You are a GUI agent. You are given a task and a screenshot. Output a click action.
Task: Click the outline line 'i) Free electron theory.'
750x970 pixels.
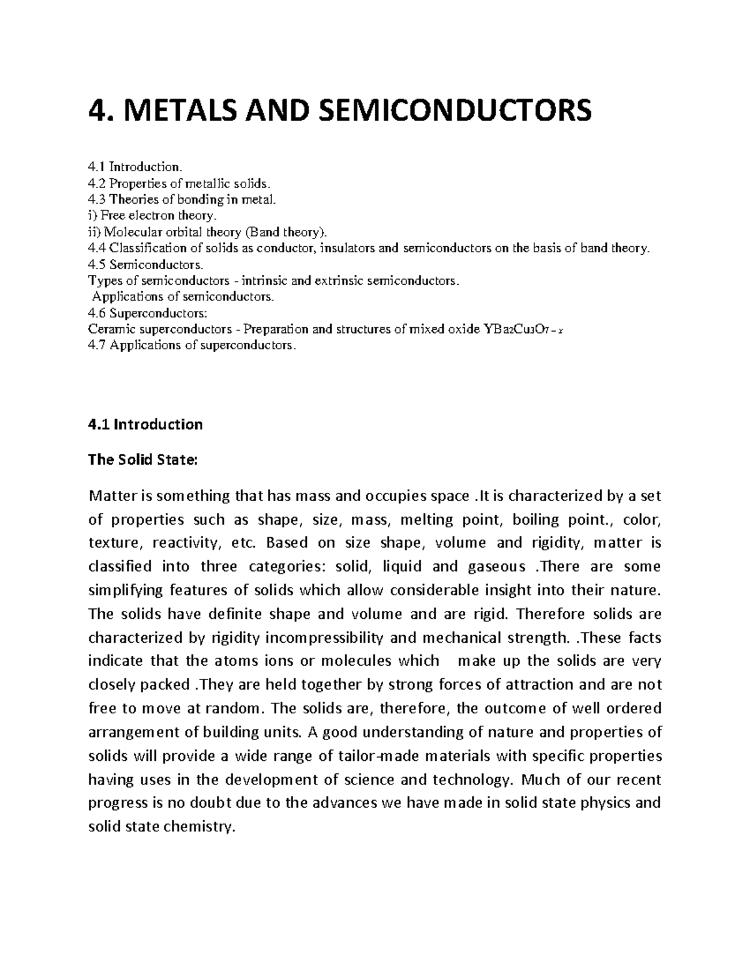pos(152,215)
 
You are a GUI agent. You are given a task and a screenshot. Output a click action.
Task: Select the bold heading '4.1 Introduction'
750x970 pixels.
pos(146,425)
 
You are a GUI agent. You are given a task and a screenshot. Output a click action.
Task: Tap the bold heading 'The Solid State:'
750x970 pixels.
pos(142,460)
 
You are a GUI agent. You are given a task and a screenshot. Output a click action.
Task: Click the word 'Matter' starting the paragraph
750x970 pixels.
pos(111,497)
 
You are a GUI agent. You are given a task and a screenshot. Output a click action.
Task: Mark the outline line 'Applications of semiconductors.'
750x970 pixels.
pos(183,297)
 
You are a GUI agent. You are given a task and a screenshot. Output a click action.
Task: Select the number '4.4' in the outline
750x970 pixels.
pos(97,248)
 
